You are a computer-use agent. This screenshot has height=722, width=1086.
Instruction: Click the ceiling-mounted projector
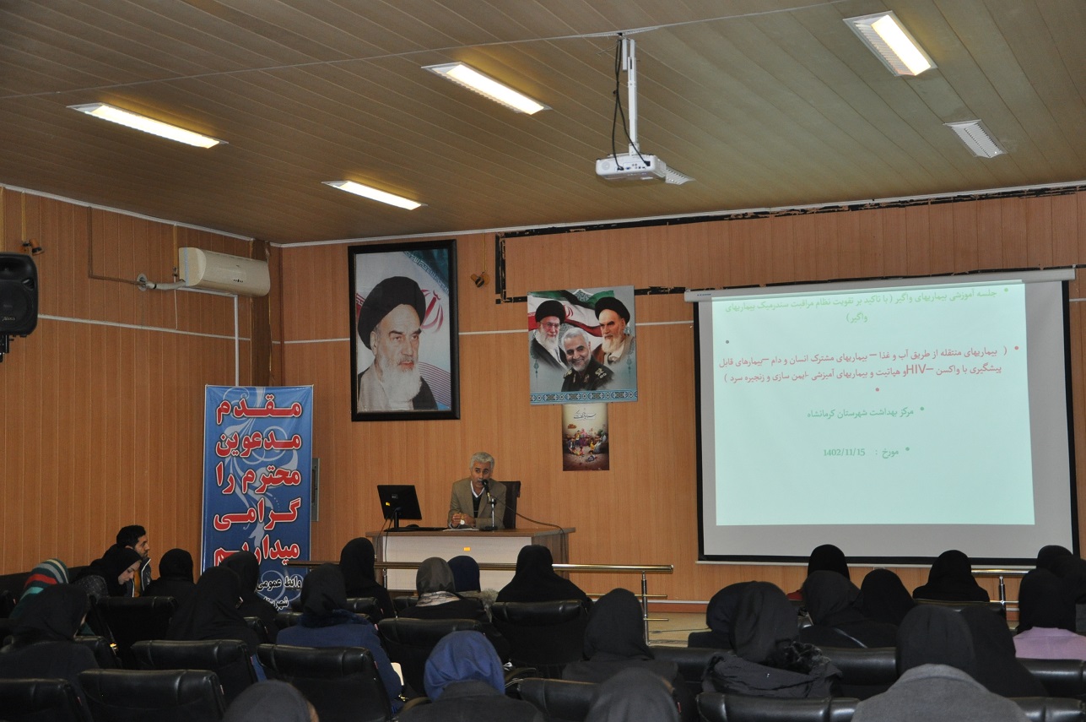coord(631,166)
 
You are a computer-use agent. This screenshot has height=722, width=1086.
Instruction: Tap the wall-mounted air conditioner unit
coord(224,271)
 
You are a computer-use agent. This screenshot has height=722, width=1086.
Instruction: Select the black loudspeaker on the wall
coord(18,295)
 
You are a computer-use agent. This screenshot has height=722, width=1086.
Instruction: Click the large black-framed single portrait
coord(404,329)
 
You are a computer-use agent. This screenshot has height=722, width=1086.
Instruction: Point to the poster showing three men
coord(581,345)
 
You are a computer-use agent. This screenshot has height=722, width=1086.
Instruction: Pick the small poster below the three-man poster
coord(585,436)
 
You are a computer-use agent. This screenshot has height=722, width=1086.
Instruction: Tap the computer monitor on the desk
coord(398,503)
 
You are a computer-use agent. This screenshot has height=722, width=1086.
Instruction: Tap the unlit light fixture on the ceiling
coord(975,138)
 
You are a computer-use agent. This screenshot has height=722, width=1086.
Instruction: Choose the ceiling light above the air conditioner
coord(146,125)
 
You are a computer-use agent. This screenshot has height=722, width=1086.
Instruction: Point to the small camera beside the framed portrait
coord(479,278)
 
